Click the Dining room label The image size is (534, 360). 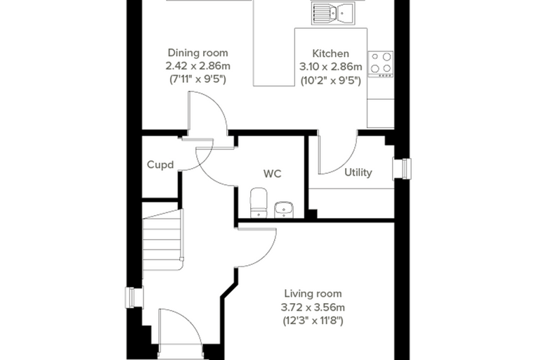coord(198,53)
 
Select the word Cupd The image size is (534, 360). coord(160,165)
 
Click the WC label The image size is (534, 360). coord(273,174)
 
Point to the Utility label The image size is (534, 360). coord(358,172)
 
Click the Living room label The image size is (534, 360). coord(313,293)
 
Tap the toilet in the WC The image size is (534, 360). coord(259,202)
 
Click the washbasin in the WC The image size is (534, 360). coord(284,210)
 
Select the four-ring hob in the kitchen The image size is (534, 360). coord(381,64)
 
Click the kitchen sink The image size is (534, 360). coord(333,13)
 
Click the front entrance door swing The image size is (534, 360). coord(181,327)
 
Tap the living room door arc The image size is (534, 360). coord(257,247)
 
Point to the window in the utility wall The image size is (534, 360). coord(402,169)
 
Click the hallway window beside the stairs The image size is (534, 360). coord(134,297)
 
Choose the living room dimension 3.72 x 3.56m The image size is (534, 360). coord(313,307)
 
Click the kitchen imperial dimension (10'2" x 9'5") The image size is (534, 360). coord(331,81)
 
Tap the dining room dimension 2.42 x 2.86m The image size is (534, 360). coord(198,66)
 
